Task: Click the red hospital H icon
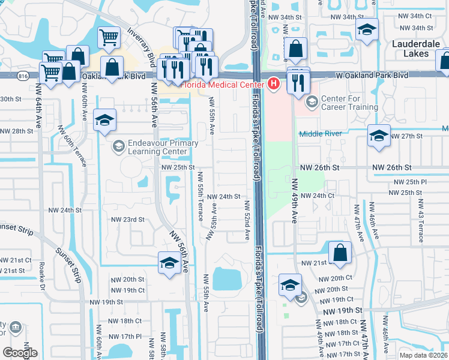point(274,83)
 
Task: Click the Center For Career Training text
point(350,103)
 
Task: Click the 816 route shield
point(23,76)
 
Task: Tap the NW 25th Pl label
point(410,182)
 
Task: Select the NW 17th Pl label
point(125,337)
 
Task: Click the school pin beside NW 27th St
point(379,135)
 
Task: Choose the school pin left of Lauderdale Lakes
point(366,29)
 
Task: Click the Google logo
point(20,352)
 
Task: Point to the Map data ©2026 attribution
point(423,355)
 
